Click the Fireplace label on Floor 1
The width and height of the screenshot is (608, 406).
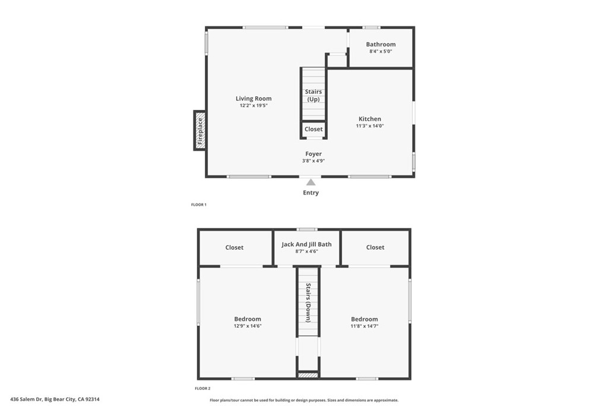point(200,131)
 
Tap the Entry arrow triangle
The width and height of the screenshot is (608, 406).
point(311,182)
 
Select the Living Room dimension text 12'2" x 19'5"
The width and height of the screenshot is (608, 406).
point(254,105)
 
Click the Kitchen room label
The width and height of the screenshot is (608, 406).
point(369,119)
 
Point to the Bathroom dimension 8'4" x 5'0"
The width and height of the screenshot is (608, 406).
point(381,51)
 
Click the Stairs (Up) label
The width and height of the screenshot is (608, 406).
point(313,96)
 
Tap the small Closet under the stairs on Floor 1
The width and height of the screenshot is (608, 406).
point(313,129)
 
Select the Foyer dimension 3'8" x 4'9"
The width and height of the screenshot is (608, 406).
point(313,160)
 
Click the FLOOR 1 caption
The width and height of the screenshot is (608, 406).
point(199,204)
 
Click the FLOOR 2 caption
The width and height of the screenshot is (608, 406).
point(202,388)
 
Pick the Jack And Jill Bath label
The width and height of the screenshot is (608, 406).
point(306,244)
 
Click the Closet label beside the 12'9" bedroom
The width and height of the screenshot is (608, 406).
point(234,247)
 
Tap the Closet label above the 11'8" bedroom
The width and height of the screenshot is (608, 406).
point(375,247)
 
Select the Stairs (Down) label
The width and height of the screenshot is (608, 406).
point(308,303)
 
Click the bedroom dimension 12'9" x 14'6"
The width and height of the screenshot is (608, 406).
point(248,326)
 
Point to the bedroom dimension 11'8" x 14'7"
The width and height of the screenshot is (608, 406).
point(365,326)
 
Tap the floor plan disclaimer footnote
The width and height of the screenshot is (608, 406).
point(304,400)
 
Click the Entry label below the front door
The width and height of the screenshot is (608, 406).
point(311,193)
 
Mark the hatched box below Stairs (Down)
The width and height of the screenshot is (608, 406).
point(308,375)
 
